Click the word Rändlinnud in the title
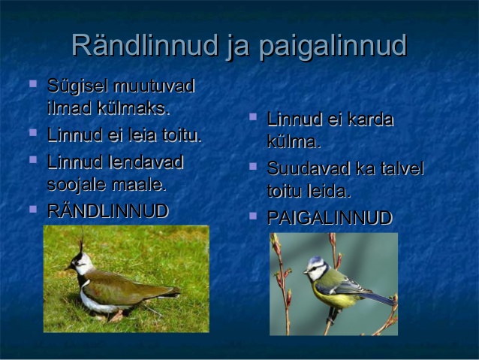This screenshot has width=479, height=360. click(x=146, y=45)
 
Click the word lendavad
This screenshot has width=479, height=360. click(x=146, y=162)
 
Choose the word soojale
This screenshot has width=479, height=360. click(x=77, y=185)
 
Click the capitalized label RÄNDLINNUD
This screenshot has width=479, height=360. click(x=108, y=211)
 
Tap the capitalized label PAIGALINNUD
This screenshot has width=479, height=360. click(x=330, y=218)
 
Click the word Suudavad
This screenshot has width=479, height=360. click(x=309, y=168)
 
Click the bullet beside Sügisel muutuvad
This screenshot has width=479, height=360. click(x=33, y=83)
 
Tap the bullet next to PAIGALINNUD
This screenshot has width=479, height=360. click(x=253, y=216)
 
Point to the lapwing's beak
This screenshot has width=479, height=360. click(x=68, y=268)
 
